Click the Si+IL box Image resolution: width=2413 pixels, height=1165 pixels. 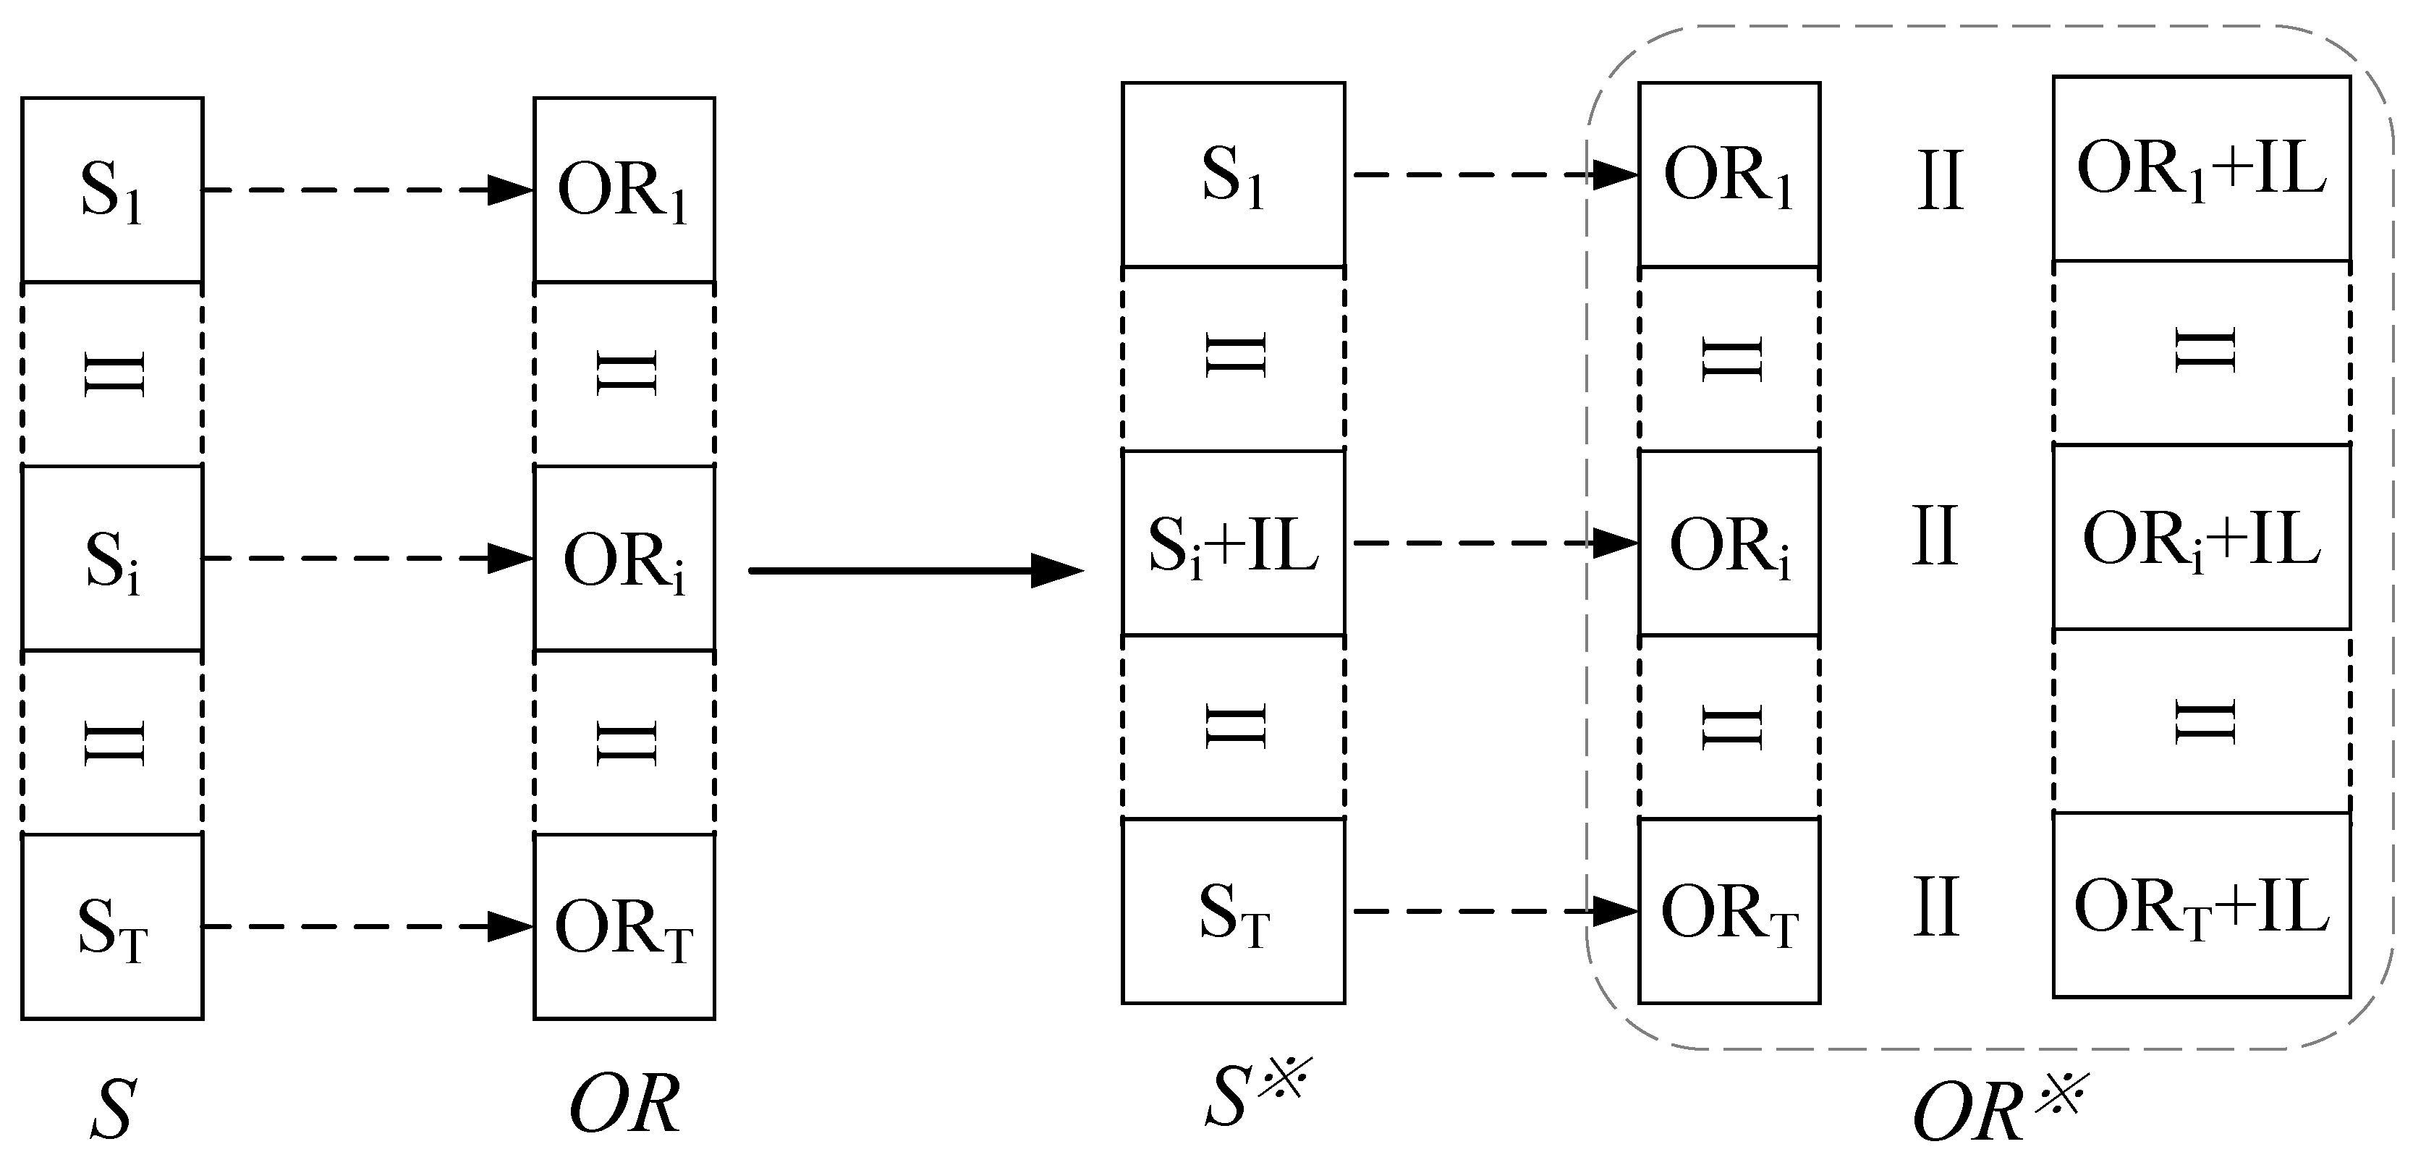(x=1233, y=543)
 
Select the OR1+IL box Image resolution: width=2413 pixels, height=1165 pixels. (x=2200, y=169)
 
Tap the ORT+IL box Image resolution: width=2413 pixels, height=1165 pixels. (x=2200, y=906)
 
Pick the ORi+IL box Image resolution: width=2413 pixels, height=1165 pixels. (x=2200, y=538)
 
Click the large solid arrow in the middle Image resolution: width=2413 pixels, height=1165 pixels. (x=916, y=569)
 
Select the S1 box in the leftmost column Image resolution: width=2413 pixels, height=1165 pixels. (x=112, y=190)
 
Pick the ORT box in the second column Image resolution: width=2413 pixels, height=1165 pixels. (x=624, y=926)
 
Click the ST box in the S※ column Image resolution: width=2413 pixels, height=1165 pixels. (x=1233, y=911)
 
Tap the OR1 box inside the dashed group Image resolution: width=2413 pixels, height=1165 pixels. (x=1729, y=174)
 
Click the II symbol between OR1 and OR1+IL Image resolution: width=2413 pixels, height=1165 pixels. (x=1940, y=179)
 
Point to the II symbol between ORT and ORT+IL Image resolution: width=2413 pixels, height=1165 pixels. (x=1935, y=907)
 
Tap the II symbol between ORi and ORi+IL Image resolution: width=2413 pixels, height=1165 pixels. (x=1935, y=535)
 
